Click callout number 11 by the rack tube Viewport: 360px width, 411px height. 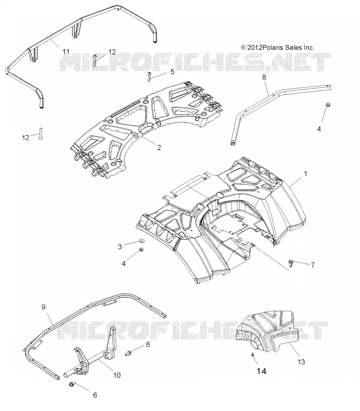click(x=66, y=52)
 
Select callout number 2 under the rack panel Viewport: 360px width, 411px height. click(x=159, y=147)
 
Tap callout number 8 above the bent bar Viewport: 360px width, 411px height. click(x=264, y=77)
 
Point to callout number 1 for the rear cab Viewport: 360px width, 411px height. click(x=305, y=174)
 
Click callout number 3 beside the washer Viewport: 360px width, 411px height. click(x=120, y=247)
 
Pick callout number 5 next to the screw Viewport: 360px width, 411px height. click(x=172, y=72)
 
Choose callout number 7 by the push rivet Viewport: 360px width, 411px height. click(x=313, y=265)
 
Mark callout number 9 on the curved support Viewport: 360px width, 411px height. click(x=44, y=307)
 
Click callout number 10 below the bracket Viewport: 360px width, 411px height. click(x=117, y=375)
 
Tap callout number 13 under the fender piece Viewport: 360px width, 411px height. click(x=301, y=362)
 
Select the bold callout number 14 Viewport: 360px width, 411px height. click(x=261, y=371)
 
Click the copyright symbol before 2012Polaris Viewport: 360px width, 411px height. click(x=243, y=47)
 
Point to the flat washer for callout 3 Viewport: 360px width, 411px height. click(x=142, y=240)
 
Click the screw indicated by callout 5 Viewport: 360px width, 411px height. click(x=149, y=76)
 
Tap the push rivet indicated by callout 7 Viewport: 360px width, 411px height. click(x=291, y=263)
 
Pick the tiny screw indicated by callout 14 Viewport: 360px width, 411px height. click(x=252, y=354)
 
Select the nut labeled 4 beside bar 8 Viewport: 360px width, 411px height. click(x=328, y=105)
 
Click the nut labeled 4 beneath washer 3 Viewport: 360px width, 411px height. click(x=141, y=249)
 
